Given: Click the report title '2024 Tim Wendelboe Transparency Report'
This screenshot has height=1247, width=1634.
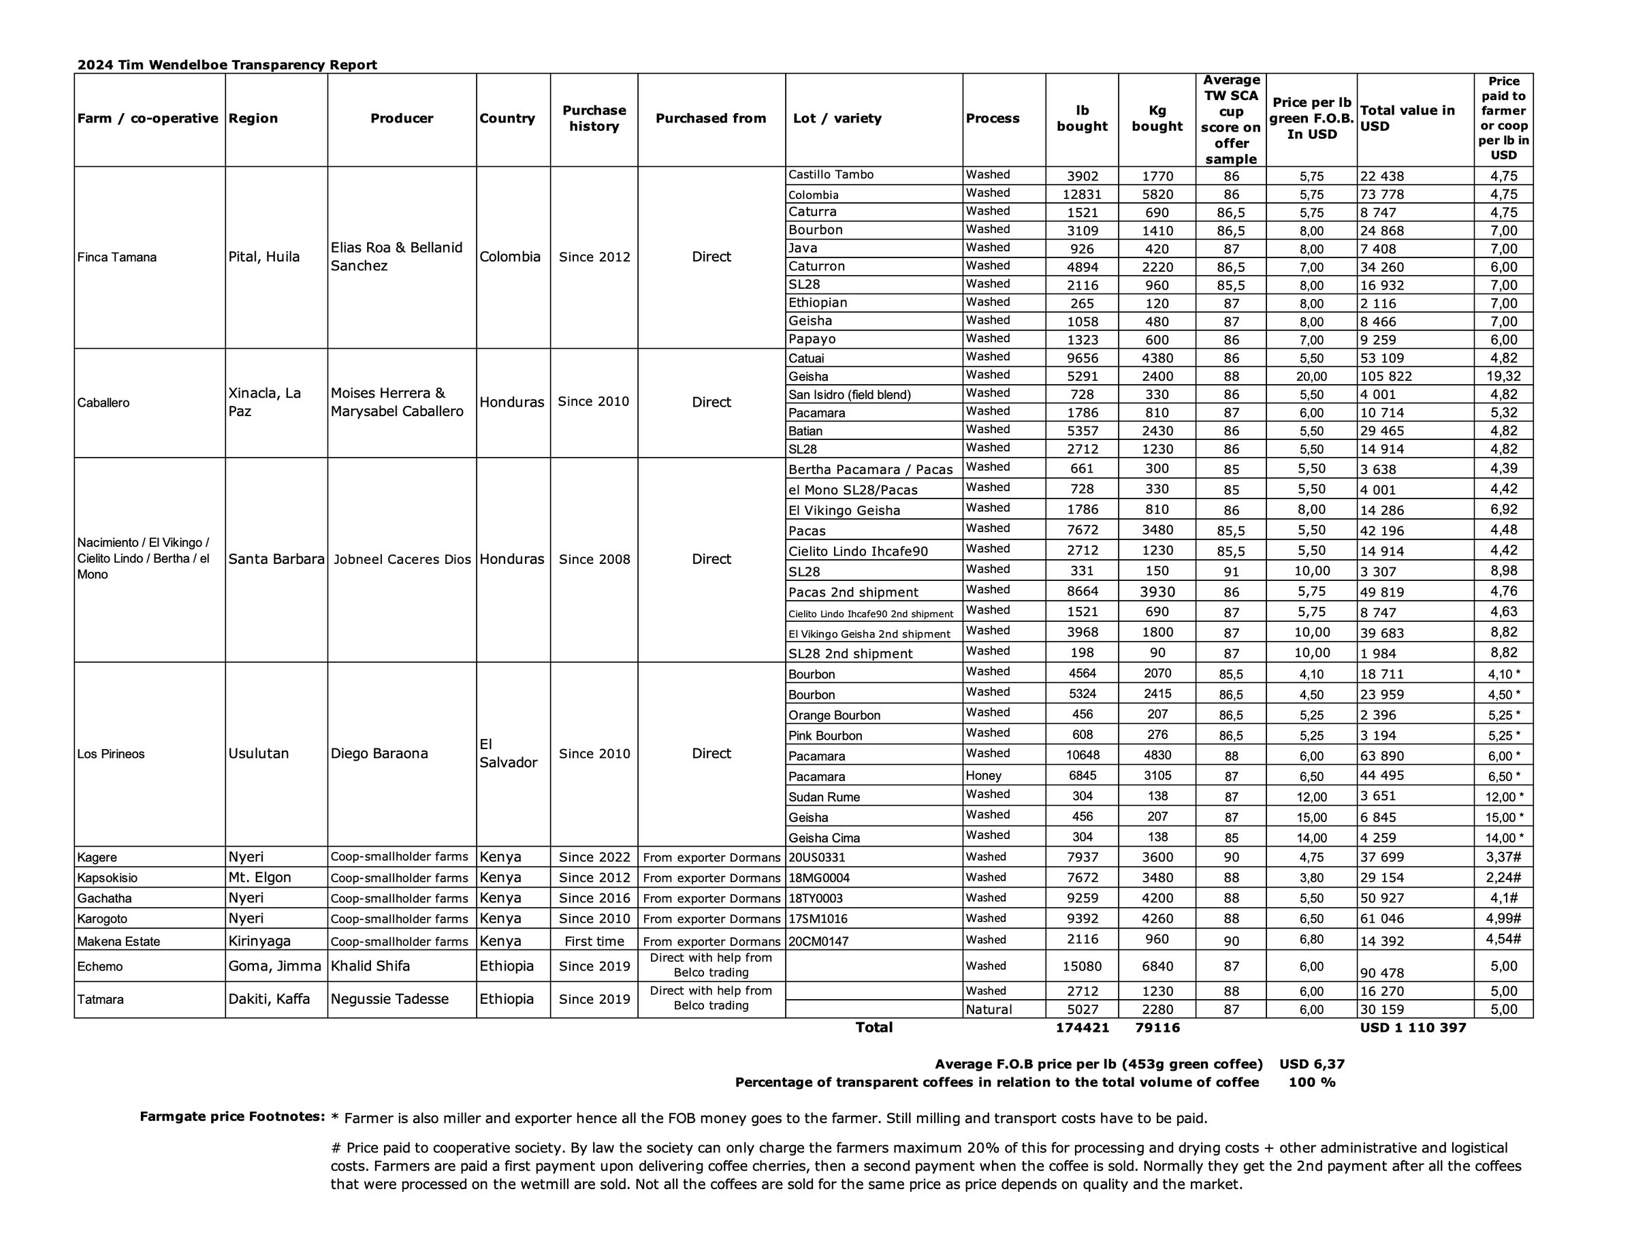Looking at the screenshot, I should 227,65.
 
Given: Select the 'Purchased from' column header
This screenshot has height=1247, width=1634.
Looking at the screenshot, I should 710,118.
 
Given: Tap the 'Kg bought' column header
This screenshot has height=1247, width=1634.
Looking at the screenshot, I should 1156,118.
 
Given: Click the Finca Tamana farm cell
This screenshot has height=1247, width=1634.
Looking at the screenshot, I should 116,257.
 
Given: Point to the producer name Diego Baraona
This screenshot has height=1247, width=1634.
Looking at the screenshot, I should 379,753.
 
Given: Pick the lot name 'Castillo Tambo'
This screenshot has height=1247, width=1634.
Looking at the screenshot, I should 831,174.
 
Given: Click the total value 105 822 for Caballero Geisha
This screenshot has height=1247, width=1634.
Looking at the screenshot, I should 1385,377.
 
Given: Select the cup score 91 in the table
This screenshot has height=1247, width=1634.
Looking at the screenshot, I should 1231,571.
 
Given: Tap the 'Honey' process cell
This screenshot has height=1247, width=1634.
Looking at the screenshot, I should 983,776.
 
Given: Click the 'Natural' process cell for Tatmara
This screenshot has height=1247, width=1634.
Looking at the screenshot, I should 989,1009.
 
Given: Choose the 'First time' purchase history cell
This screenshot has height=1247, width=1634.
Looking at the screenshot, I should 594,941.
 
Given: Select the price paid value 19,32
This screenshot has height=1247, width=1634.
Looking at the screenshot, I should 1503,377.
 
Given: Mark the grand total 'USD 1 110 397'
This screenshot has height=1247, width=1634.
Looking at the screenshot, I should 1412,1028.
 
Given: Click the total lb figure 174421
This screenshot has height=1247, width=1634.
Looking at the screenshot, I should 1082,1028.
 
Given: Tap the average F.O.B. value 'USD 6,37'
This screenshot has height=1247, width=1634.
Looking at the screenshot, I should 1311,1064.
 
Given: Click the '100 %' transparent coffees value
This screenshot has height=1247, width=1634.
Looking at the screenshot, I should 1311,1083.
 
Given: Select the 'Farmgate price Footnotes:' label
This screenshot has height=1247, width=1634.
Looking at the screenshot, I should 232,1116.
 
